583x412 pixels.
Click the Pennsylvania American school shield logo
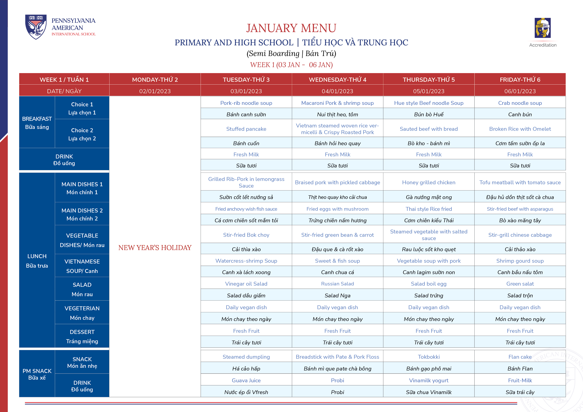(36, 27)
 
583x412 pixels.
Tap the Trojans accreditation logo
(543, 28)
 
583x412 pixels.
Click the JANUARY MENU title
(291, 28)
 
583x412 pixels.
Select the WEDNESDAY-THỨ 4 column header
(338, 79)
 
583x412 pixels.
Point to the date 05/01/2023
(429, 91)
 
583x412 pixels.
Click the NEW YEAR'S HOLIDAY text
(155, 248)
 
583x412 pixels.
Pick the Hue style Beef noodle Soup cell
(429, 103)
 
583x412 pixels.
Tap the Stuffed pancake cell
(246, 129)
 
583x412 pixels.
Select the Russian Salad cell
(338, 284)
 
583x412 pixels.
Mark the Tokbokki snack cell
(429, 357)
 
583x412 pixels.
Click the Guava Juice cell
(246, 380)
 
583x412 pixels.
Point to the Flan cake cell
(520, 357)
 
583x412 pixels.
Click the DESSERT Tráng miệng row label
(82, 336)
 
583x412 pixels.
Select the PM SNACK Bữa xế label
(37, 374)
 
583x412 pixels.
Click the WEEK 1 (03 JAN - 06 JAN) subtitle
(291, 65)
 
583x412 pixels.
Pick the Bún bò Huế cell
(429, 114)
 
